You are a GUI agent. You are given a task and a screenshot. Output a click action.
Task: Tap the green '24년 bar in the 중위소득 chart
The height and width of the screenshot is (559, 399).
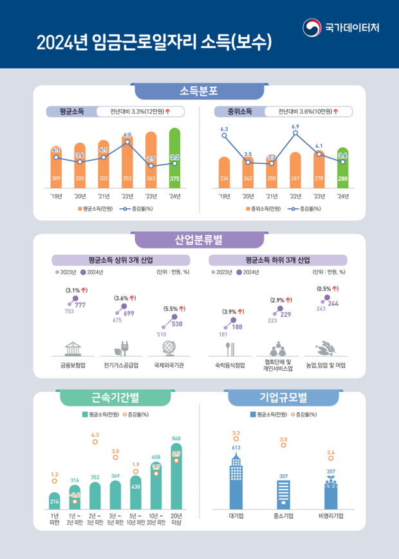pyautogui.click(x=342, y=168)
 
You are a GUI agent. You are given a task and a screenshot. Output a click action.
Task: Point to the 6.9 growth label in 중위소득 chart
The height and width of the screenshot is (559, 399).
pyautogui.click(x=295, y=127)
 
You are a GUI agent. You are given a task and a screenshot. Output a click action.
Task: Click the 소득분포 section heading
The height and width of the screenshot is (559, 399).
pyautogui.click(x=199, y=91)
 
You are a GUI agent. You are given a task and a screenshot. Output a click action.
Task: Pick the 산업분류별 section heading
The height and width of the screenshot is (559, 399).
pyautogui.click(x=199, y=240)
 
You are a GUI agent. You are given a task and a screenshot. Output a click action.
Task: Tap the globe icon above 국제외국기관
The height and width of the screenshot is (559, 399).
pyautogui.click(x=169, y=348)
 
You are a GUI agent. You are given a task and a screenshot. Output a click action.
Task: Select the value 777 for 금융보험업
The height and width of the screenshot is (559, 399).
pyautogui.click(x=80, y=305)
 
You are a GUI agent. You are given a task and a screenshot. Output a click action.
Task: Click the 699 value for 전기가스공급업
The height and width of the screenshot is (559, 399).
pyautogui.click(x=129, y=313)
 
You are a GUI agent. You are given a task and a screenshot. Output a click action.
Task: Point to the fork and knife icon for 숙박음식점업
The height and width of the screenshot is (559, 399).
pyautogui.click(x=230, y=349)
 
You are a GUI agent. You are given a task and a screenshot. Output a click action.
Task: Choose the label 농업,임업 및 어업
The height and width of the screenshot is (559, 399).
pyautogui.click(x=326, y=366)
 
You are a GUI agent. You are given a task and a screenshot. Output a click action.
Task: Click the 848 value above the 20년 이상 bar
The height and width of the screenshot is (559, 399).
pyautogui.click(x=176, y=439)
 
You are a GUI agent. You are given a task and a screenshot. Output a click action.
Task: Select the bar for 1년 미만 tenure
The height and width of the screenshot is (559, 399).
pyautogui.click(x=54, y=500)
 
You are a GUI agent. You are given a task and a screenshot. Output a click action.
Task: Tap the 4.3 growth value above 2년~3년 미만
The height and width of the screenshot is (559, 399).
pyautogui.click(x=95, y=435)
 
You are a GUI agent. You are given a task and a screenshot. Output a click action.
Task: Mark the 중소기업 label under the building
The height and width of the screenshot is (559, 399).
pyautogui.click(x=283, y=515)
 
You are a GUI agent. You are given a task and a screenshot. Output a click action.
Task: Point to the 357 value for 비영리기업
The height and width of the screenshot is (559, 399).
pyautogui.click(x=331, y=472)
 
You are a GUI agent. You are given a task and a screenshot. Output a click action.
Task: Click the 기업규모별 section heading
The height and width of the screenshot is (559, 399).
pyautogui.click(x=283, y=398)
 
